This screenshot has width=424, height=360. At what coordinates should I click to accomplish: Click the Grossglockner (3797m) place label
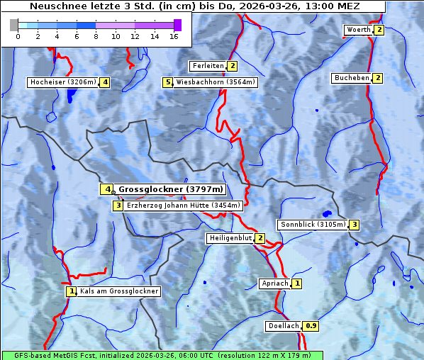170,189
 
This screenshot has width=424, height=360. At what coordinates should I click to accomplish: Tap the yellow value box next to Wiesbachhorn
168,82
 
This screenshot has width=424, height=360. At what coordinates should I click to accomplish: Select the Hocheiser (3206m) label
62,82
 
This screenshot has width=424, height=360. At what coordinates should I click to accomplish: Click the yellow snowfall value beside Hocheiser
105,82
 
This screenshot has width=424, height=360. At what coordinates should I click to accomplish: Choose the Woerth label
358,30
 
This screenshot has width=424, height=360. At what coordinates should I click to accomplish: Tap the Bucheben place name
352,78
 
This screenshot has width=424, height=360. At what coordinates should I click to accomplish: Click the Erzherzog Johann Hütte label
184,206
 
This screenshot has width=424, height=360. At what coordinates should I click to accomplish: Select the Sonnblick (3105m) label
312,225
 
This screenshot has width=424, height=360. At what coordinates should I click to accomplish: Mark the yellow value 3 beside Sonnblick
354,225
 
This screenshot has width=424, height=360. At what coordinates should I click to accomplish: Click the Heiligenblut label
230,238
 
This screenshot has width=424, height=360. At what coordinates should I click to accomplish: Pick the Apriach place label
274,283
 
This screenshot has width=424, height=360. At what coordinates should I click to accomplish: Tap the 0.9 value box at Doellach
311,326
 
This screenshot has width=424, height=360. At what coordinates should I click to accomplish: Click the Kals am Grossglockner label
118,291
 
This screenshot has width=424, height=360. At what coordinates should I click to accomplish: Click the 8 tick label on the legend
96,37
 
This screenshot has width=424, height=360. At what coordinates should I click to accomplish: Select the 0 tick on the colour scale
18,37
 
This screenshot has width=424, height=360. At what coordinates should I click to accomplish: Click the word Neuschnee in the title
54,6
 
